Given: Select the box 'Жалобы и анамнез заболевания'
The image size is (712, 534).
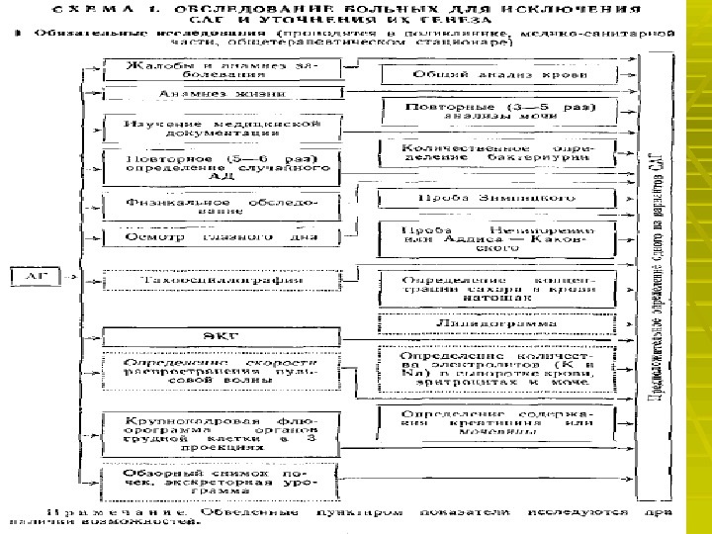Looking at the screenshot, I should (x=222, y=70).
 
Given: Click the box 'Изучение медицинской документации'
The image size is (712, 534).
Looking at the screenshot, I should (x=222, y=129).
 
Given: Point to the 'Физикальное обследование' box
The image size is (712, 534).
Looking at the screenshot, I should (x=222, y=205).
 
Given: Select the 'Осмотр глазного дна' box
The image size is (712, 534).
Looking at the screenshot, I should (x=222, y=238).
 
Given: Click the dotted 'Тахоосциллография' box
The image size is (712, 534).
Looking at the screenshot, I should (x=222, y=280).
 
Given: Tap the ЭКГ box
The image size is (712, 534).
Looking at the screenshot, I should (x=222, y=335).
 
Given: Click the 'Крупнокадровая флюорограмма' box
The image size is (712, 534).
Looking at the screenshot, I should (x=222, y=431).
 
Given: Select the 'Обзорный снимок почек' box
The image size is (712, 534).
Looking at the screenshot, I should (x=222, y=483).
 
